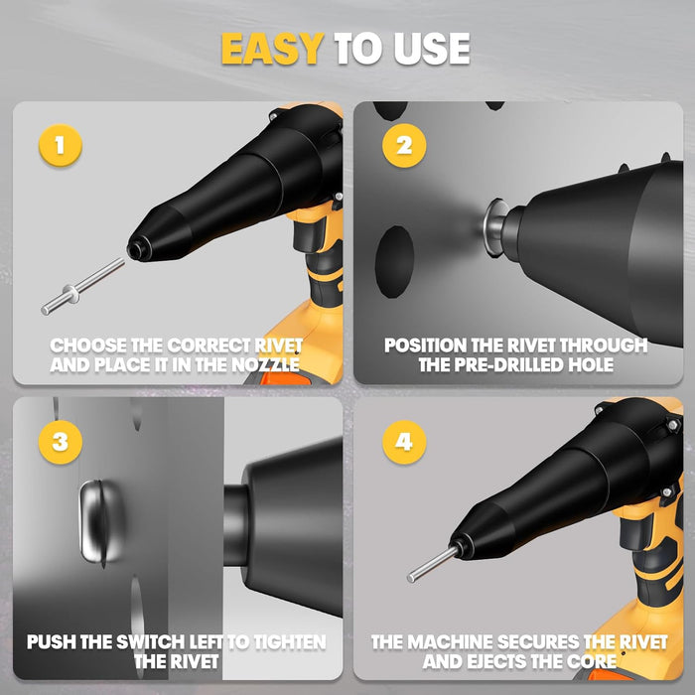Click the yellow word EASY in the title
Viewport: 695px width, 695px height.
coord(273,49)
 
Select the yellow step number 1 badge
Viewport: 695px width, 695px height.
coord(61,145)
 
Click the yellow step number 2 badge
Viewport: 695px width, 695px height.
coord(404,145)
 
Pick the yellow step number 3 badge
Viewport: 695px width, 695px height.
coord(61,442)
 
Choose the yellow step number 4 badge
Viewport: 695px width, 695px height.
coord(404,442)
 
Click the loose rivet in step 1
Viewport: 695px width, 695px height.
coord(82,286)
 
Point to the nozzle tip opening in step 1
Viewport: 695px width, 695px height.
coord(137,249)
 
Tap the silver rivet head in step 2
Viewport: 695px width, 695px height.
coord(495,227)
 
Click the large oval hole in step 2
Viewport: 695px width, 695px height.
coord(394,262)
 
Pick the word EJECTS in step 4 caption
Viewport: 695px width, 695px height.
coord(494,661)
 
